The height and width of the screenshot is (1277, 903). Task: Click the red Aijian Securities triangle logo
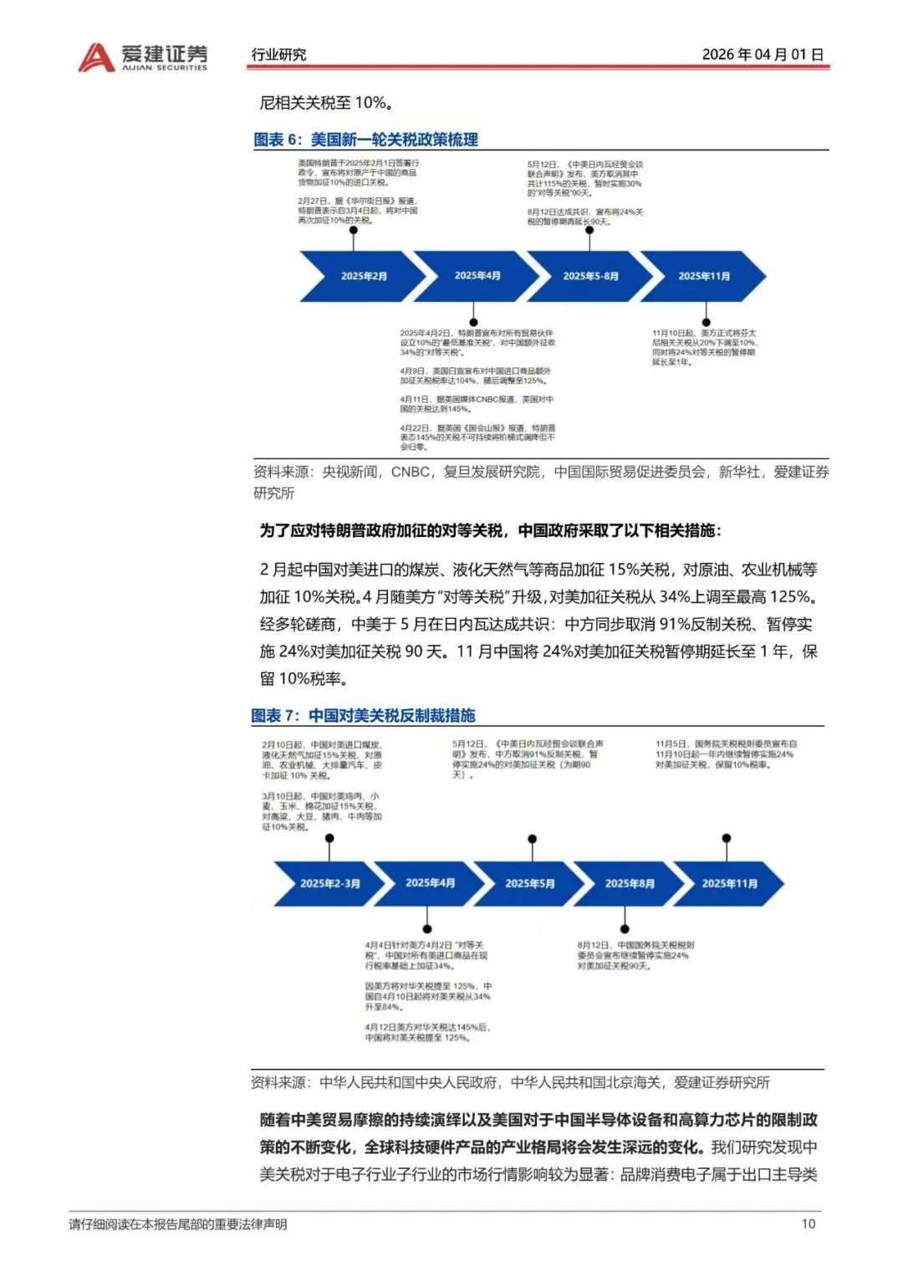[x=95, y=57]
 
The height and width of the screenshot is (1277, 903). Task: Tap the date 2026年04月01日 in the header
[x=763, y=54]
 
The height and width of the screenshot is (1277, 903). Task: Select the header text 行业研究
[x=278, y=54]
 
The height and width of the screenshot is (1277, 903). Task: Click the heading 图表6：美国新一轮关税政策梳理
[x=365, y=140]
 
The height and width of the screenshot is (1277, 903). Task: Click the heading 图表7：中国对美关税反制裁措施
[x=363, y=715]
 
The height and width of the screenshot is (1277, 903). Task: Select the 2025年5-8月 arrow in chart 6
[x=590, y=276]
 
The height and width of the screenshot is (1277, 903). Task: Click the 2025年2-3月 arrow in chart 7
[x=329, y=883]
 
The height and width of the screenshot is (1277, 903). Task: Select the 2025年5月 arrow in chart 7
[x=529, y=883]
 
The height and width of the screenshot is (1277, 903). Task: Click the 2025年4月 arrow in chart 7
[x=430, y=883]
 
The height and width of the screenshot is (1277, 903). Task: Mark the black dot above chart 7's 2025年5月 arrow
[x=533, y=839]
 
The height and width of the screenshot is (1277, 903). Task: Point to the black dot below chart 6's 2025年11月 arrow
[x=707, y=322]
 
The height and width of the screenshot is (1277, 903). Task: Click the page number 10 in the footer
[x=808, y=1223]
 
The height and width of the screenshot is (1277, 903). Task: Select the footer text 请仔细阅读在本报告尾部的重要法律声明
[x=178, y=1224]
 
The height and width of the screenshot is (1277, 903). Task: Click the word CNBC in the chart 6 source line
[x=410, y=472]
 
